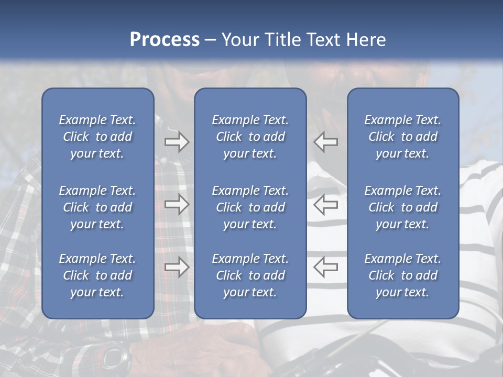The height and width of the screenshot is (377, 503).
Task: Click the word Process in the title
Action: (x=165, y=40)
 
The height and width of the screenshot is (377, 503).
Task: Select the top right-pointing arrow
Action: (x=177, y=141)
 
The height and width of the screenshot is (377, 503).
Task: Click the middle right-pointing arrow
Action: (x=177, y=204)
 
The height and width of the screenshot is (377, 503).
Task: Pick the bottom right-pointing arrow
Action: (x=177, y=267)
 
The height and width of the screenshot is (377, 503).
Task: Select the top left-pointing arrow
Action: (x=326, y=141)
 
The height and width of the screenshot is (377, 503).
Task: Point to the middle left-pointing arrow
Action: (x=326, y=204)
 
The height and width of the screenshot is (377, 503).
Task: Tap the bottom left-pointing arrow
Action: (x=326, y=267)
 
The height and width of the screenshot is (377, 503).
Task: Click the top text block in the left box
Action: (x=97, y=137)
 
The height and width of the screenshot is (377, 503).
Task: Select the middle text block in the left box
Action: (x=97, y=207)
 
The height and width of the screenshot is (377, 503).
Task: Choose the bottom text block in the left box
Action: (x=97, y=275)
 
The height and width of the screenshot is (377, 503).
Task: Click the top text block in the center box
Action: (x=250, y=137)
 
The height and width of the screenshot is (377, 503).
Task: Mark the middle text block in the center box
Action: (x=250, y=207)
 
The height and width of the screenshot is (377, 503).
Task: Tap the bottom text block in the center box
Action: (x=250, y=275)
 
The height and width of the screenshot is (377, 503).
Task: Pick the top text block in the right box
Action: (x=402, y=137)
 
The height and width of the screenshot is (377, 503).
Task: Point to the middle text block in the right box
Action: (x=402, y=207)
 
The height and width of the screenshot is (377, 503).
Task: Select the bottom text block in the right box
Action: (x=402, y=275)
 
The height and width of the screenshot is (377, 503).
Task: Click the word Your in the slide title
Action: (x=239, y=40)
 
